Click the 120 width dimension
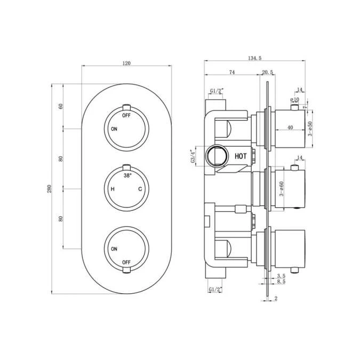pyautogui.click(x=126, y=63)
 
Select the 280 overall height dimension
pyautogui.click(x=48, y=189)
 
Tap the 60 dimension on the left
pyautogui.click(x=61, y=106)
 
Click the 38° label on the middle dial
pyautogui.click(x=127, y=175)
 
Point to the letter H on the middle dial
pyautogui.click(x=113, y=189)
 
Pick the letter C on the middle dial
pyautogui.click(x=141, y=189)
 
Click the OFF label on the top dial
pyautogui.click(x=126, y=115)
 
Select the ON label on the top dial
pyautogui.click(x=114, y=129)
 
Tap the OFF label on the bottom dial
pyautogui.click(x=126, y=262)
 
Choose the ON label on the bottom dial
pyautogui.click(x=114, y=249)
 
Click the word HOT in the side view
pyautogui.click(x=241, y=156)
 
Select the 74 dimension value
pyautogui.click(x=232, y=72)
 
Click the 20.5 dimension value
pyautogui.click(x=268, y=72)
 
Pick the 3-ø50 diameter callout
pyautogui.click(x=310, y=129)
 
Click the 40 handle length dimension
pyautogui.click(x=290, y=127)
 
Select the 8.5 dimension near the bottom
pyautogui.click(x=282, y=282)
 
